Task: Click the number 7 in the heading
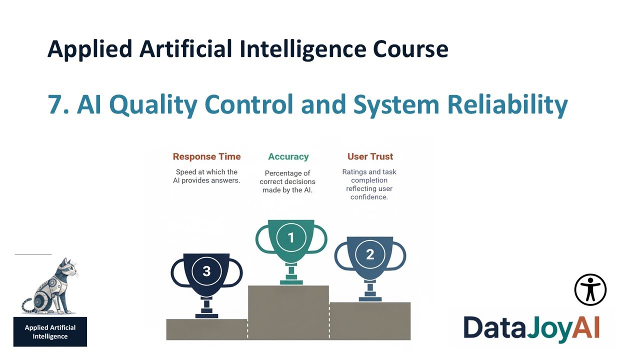pos(55,105)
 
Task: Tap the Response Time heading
pos(206,156)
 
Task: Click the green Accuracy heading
pos(288,156)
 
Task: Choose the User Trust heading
pos(370,156)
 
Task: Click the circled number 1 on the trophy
pos(291,237)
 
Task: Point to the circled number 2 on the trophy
pos(370,254)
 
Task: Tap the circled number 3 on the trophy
pos(206,271)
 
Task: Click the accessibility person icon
pos(590,289)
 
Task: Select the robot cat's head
pos(67,270)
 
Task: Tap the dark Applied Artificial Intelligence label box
pos(50,332)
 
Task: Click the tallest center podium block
pos(288,312)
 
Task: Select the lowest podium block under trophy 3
pos(206,329)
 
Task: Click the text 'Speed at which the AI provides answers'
pos(206,176)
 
